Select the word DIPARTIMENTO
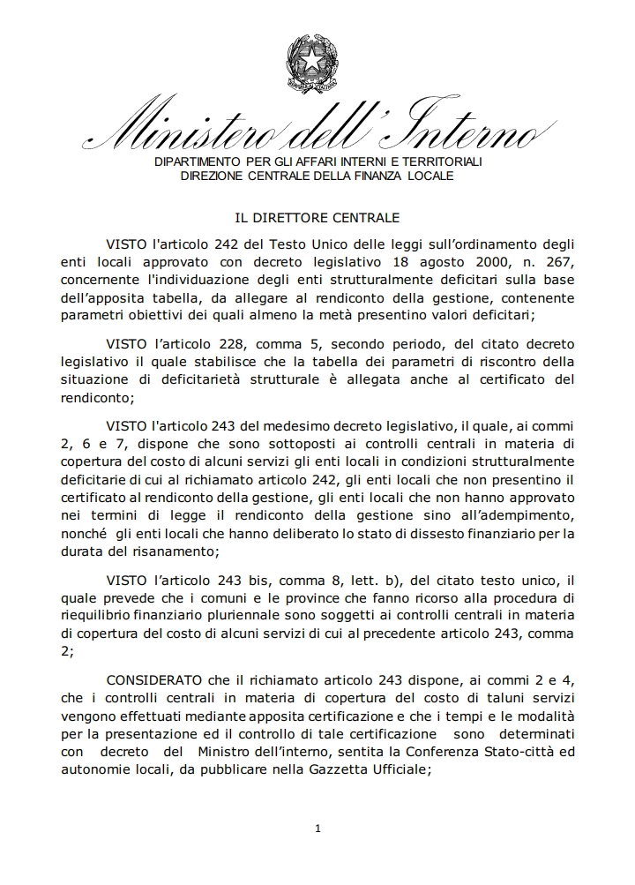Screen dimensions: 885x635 coord(197,163)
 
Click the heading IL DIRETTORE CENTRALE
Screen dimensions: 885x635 coord(317,216)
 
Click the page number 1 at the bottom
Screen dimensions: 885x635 coord(317,829)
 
